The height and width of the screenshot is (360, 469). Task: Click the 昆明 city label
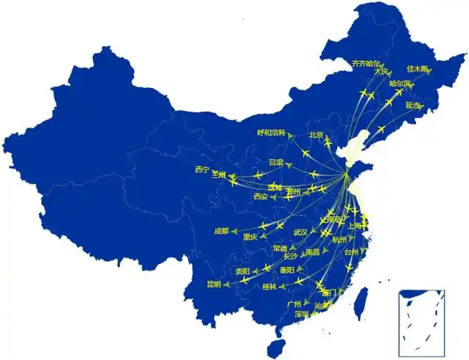[x=214, y=284]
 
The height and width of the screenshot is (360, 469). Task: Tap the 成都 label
[x=221, y=231]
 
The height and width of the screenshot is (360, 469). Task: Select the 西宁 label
[x=202, y=169]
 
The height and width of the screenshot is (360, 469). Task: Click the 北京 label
[x=316, y=134]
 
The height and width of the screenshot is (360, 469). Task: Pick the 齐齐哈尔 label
[x=366, y=64]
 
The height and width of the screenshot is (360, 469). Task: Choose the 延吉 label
[x=413, y=105]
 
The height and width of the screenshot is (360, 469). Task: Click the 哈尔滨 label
[x=401, y=84]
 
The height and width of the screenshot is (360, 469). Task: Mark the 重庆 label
[x=250, y=237]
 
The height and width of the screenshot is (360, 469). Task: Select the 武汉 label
[x=300, y=232]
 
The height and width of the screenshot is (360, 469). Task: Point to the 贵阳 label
[x=243, y=271]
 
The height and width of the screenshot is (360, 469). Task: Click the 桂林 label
[x=269, y=287]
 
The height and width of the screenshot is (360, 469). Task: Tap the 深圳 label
[x=302, y=314]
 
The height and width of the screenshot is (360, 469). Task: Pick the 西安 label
[x=261, y=196]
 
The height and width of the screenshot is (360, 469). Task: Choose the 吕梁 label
[x=276, y=161]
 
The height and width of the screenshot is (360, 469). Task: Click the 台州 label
[x=352, y=251]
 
